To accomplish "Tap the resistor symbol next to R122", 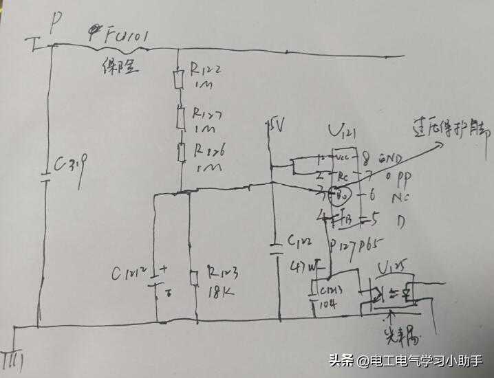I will coord(179,80).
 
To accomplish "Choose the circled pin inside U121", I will coord(338,197).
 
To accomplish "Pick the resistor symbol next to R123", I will coord(195,278).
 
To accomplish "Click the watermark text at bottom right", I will coord(405,359).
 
